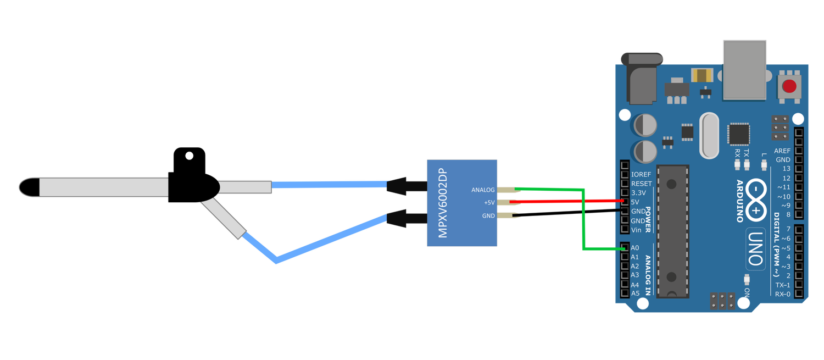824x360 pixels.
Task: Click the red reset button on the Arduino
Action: coord(789,86)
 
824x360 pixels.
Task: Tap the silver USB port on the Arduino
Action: coord(745,70)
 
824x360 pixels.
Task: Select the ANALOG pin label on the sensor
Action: coord(483,190)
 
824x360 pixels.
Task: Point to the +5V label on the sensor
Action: coord(488,203)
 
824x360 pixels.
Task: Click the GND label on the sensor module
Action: coord(488,216)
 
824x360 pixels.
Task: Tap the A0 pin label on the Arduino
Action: coord(635,248)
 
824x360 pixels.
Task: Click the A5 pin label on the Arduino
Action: coord(635,293)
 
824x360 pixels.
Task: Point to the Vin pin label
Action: coord(636,230)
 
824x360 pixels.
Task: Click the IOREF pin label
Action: coord(642,174)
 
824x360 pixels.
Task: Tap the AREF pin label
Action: coord(782,151)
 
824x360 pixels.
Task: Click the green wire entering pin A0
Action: coord(604,250)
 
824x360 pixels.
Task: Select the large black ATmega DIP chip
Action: coord(673,230)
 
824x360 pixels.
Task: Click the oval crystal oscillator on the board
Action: coord(709,135)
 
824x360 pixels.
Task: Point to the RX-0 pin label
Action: coord(782,294)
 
